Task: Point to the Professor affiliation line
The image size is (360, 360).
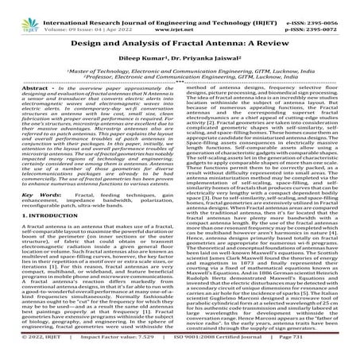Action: pos(180,79)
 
